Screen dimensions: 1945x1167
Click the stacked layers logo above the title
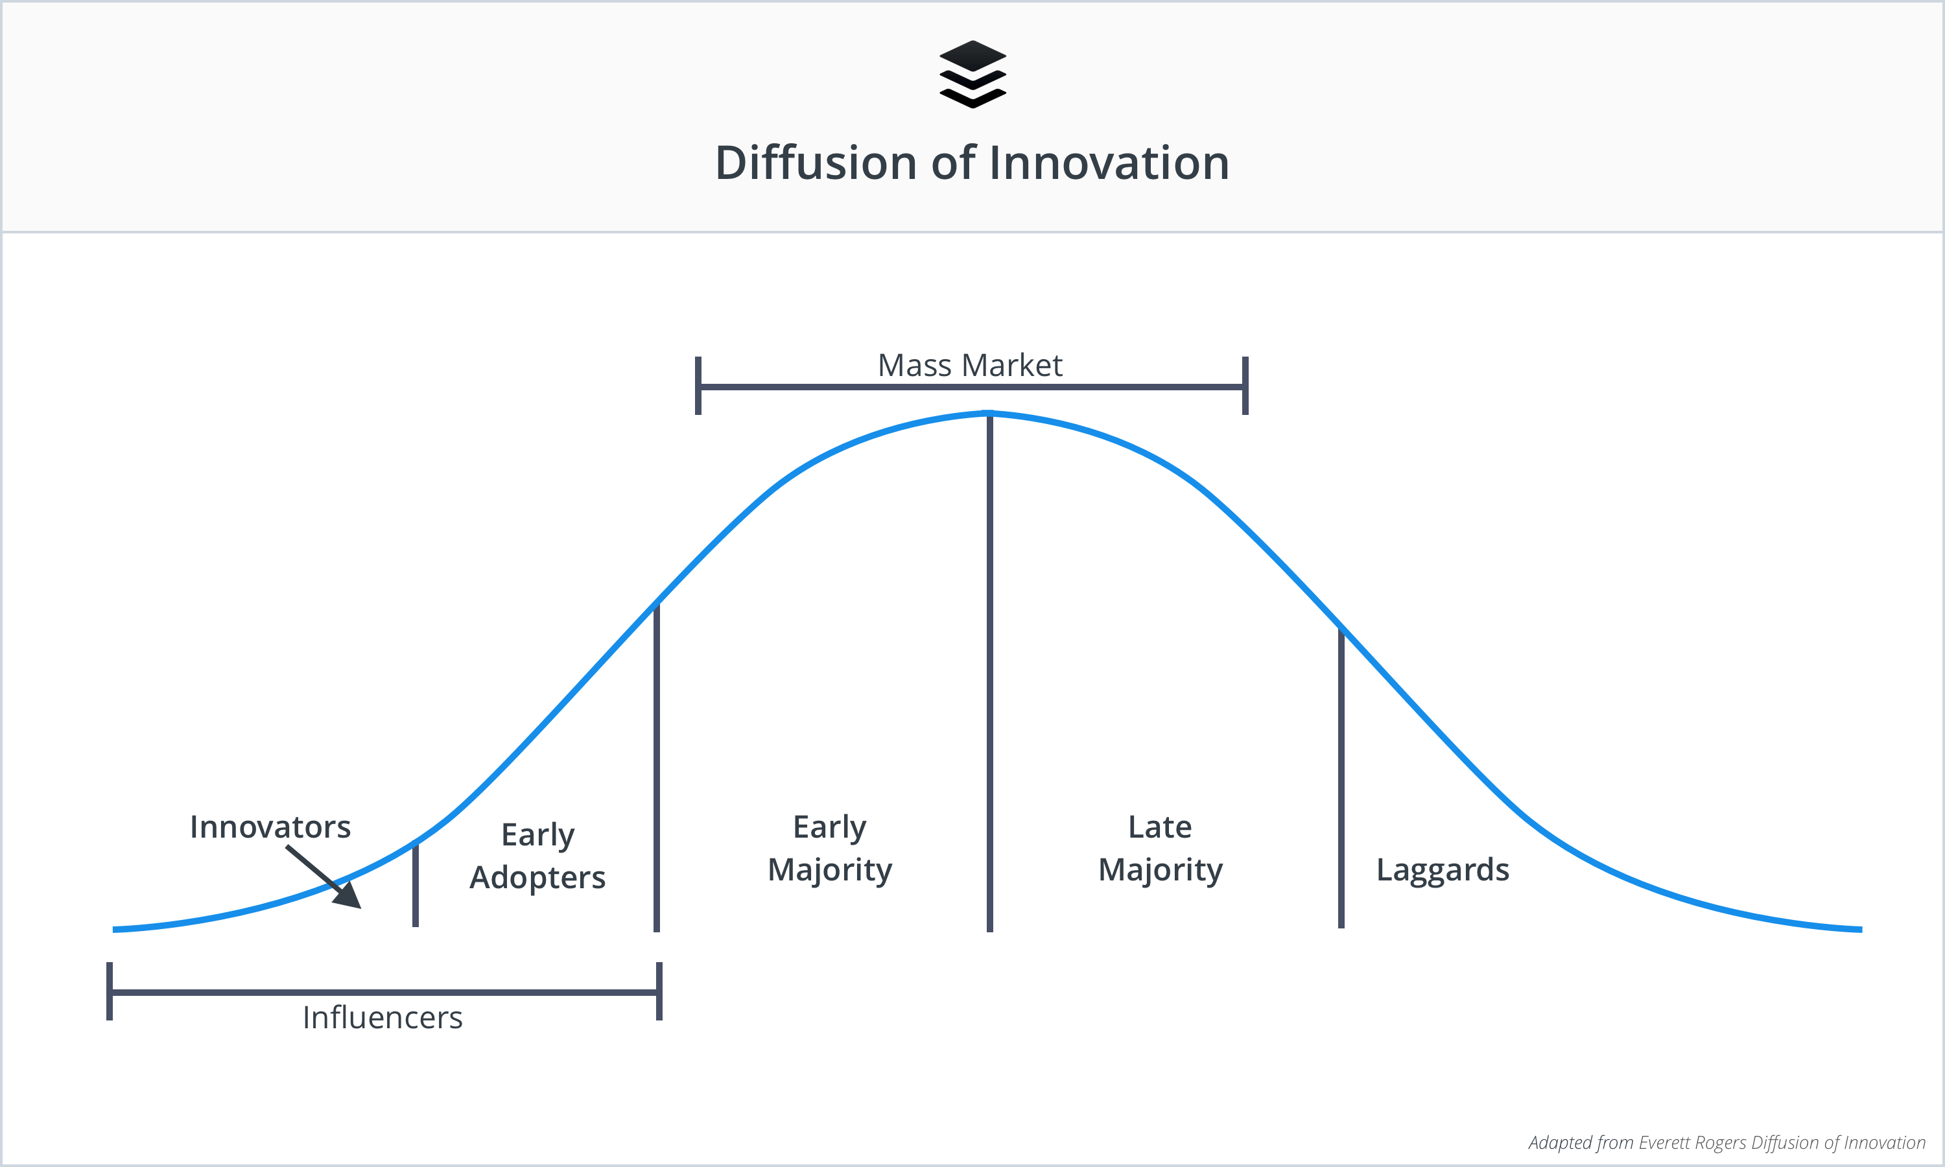point(972,74)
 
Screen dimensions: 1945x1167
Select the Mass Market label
point(970,366)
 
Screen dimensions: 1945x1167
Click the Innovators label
point(270,827)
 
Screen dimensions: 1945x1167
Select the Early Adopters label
point(537,856)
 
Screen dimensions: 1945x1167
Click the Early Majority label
point(831,849)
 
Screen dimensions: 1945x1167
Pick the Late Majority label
point(1161,849)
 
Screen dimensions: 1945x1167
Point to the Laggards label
point(1443,870)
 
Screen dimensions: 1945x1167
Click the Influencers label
point(383,1018)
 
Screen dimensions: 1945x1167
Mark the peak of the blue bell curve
point(989,413)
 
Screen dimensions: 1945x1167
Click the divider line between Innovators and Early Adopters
point(415,884)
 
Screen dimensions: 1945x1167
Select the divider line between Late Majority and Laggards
point(1341,779)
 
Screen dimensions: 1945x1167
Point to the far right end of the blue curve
point(1861,930)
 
